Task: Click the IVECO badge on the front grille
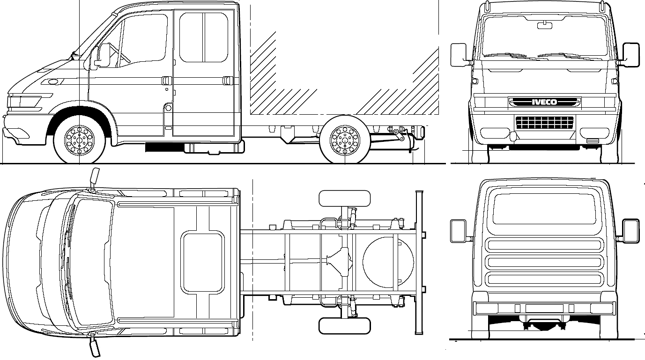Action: pos(544,102)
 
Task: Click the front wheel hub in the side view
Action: pos(79,140)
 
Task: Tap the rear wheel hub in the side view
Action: pos(345,140)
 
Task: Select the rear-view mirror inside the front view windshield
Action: pos(545,25)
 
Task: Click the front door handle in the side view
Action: pos(166,81)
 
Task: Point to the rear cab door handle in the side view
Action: pos(228,81)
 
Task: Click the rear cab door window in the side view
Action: pos(204,37)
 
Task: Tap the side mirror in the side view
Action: pos(104,55)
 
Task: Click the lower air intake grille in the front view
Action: pos(544,122)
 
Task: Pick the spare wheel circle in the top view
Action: pos(388,262)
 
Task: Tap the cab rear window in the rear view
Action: pos(544,209)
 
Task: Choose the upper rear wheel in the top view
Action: pos(344,198)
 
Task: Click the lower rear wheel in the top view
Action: pos(344,326)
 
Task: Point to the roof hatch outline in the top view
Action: pos(202,262)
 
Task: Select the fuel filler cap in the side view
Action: pos(168,108)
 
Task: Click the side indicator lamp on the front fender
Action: pos(52,82)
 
